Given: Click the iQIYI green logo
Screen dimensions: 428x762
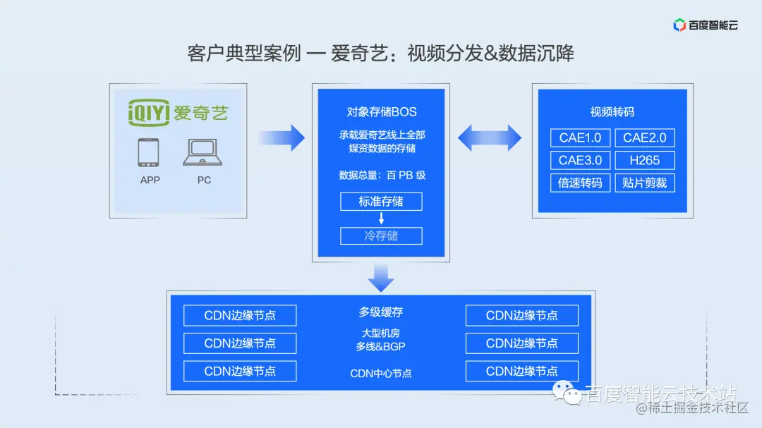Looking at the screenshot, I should coord(179,112).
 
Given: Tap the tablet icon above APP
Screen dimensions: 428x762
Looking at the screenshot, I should coord(149,152).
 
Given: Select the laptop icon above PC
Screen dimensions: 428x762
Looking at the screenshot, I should coord(202,152).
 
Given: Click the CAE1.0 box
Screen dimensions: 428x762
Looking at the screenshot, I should coord(580,137).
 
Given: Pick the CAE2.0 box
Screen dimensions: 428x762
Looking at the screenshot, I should coord(644,137).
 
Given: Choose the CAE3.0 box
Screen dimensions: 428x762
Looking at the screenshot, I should coord(580,160).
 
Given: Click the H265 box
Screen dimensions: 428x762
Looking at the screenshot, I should coord(644,160).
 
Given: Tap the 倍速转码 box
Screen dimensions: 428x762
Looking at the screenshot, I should coord(580,183).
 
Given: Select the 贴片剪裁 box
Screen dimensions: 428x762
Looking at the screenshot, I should coord(644,183).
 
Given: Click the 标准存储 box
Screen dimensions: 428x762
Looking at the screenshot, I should coord(381,202).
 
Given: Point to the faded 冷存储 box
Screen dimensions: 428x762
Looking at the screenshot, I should coord(381,236).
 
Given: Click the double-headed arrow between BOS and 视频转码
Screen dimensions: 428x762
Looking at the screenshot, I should coord(489,137).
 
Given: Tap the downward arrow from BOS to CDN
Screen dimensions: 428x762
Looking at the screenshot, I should coord(381,276).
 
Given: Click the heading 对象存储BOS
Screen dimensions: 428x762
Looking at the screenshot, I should coord(381,111).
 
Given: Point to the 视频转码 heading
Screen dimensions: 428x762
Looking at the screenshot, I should coord(612,111).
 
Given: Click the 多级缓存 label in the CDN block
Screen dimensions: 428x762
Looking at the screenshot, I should coord(381,312).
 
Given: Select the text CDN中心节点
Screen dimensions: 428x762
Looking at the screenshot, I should coord(381,373).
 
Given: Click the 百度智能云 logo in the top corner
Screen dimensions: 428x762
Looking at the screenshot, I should coord(705,25).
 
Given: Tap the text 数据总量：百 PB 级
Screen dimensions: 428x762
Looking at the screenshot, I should coord(381,176).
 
